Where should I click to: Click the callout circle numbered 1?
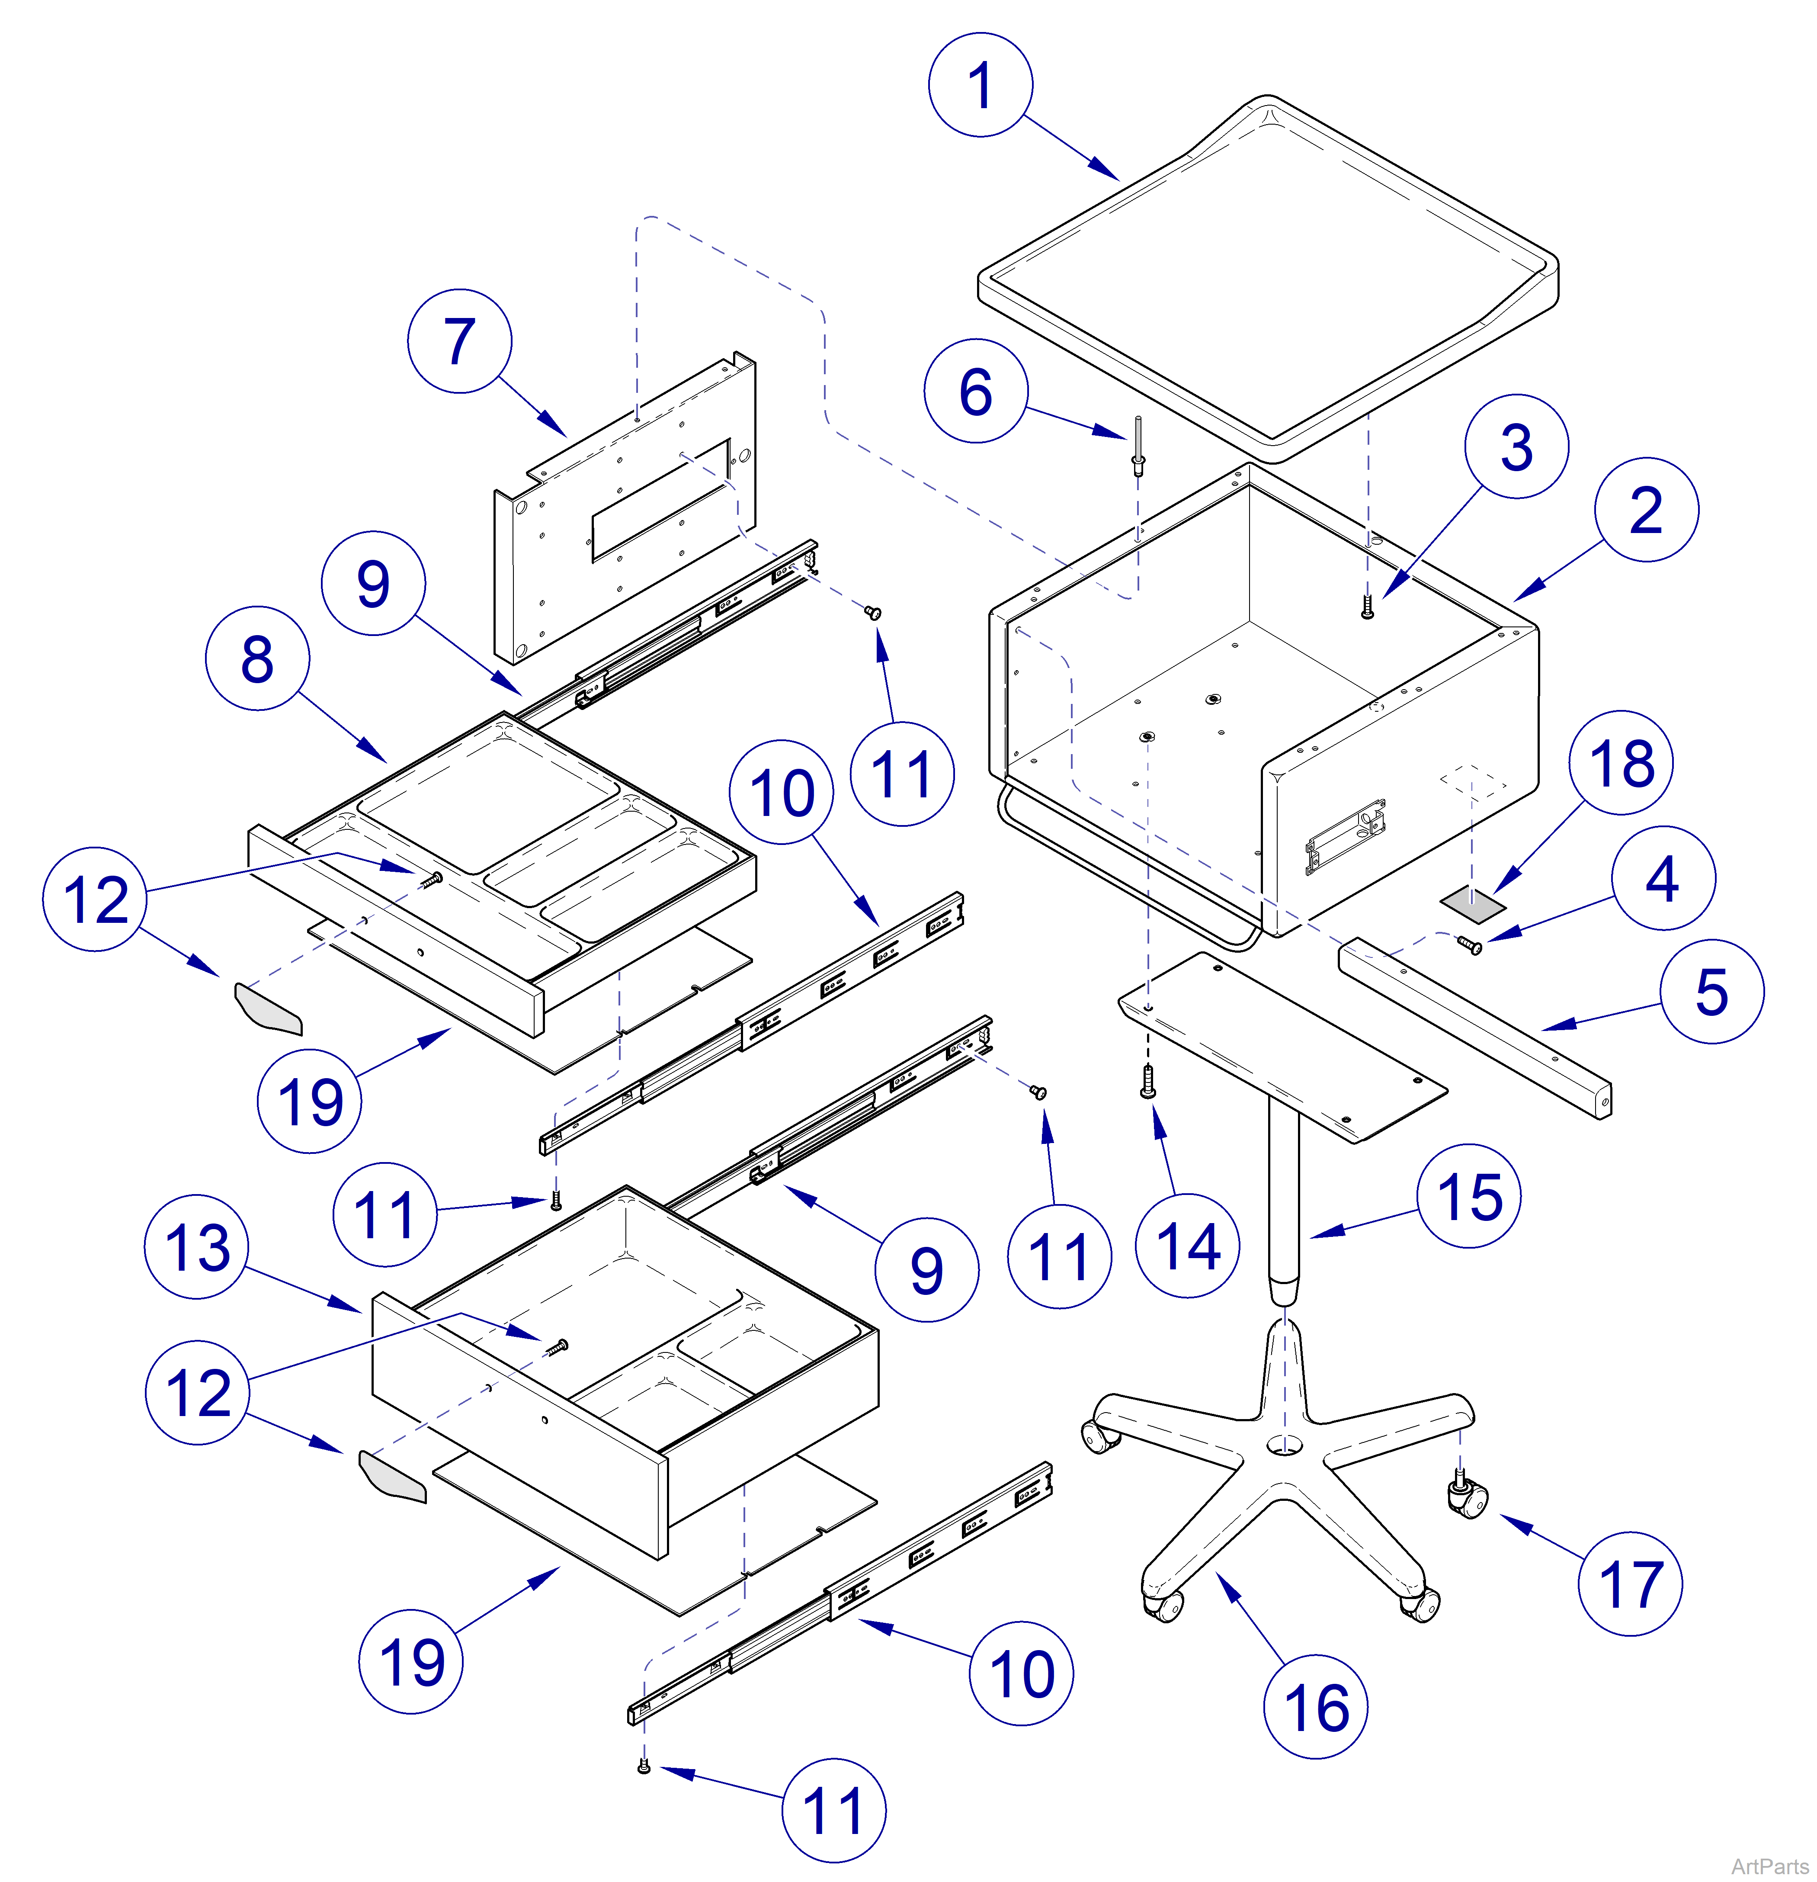point(980,84)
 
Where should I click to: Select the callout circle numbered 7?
point(460,341)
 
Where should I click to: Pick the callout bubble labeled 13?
point(197,1246)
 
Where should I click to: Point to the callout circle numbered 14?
point(1187,1246)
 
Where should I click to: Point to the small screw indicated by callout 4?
point(1468,946)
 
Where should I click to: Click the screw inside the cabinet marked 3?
point(1368,607)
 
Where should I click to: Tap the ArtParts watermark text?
point(1769,1866)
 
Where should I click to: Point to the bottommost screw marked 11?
point(644,1767)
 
